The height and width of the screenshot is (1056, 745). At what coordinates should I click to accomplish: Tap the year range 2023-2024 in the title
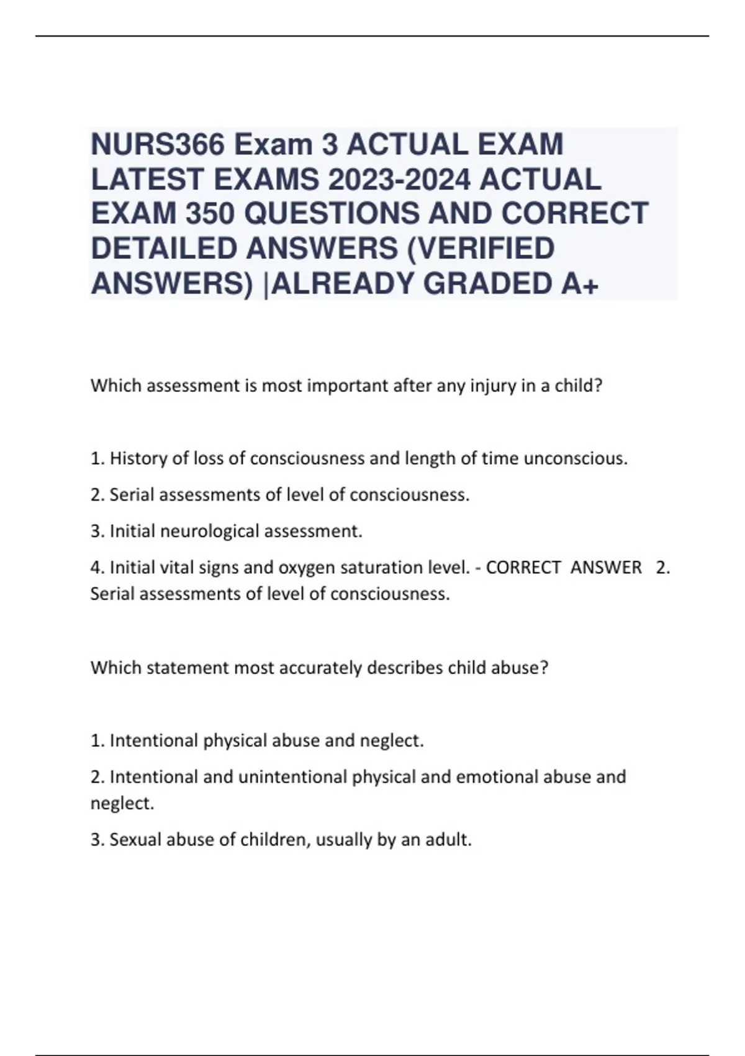coord(395,180)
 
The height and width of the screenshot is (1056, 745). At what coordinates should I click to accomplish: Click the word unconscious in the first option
coord(576,458)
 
